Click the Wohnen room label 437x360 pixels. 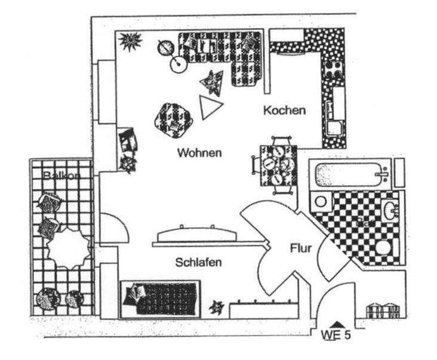199,153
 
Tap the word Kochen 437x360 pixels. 284,110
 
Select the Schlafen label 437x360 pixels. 199,262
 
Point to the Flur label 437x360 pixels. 300,248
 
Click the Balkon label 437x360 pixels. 61,175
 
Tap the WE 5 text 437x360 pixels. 336,335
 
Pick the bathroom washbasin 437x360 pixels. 389,211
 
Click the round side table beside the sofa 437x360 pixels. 179,64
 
